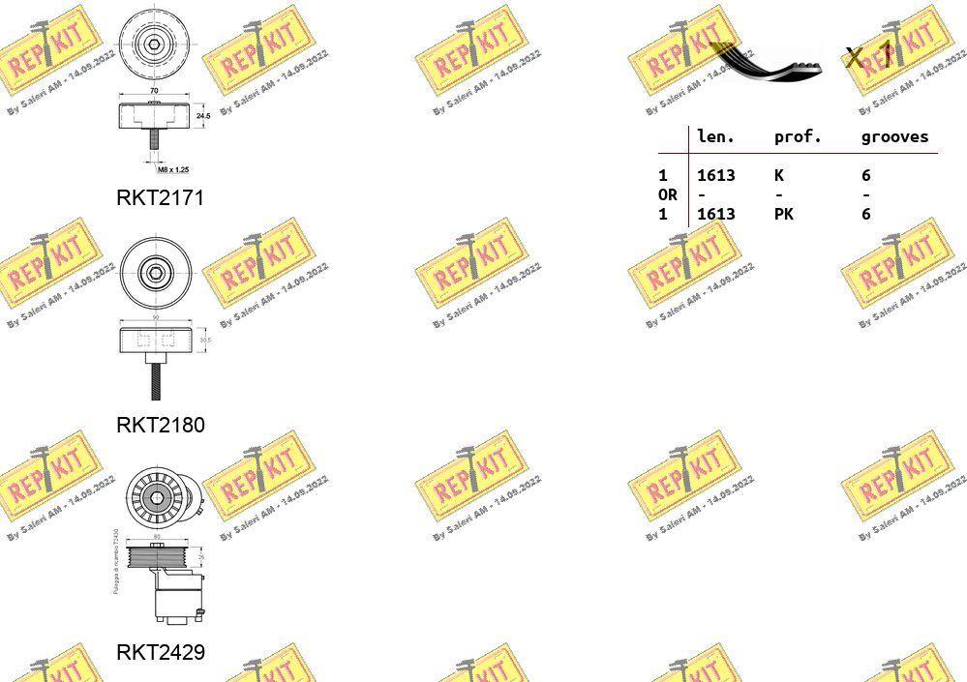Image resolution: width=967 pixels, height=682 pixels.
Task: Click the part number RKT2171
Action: pos(160,198)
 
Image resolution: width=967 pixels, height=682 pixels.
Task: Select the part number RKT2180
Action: pos(160,425)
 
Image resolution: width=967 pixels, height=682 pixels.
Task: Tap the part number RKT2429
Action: pos(160,652)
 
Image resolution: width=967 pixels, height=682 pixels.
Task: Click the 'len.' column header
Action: pos(715,137)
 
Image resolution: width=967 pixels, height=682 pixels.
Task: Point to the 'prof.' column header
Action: pos(797,137)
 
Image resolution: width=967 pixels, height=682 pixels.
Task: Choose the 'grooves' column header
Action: pos(893,137)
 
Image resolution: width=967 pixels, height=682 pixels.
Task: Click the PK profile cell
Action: pos(783,214)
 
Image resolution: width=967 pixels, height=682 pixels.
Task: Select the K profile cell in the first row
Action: pos(778,175)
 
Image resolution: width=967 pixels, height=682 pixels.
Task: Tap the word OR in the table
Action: pos(667,194)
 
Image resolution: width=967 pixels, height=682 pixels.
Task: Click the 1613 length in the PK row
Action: pos(715,214)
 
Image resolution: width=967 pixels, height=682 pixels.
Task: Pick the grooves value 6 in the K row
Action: pos(865,175)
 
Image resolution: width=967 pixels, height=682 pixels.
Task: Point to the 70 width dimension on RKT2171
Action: pos(154,91)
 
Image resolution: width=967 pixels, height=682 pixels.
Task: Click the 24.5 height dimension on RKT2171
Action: pos(202,114)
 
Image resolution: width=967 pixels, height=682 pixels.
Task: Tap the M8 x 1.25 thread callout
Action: pos(173,168)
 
